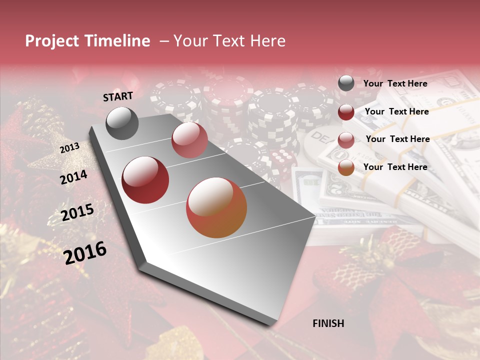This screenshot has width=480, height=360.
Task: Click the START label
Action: (x=118, y=96)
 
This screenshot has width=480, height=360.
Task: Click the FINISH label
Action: (x=328, y=323)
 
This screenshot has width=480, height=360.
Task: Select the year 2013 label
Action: (x=69, y=147)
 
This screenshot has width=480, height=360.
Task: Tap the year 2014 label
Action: (x=73, y=177)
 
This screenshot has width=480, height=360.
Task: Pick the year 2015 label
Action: (x=77, y=213)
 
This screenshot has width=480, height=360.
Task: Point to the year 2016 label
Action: (x=85, y=252)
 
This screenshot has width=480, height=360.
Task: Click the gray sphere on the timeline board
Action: (x=122, y=123)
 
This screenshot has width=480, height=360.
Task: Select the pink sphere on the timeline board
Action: (x=189, y=139)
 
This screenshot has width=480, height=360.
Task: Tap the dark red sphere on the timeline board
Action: (x=145, y=180)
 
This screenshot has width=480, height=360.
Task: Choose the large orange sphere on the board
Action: (x=216, y=208)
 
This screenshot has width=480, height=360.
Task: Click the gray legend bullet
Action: (x=346, y=83)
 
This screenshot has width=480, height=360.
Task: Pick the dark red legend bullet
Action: (x=346, y=112)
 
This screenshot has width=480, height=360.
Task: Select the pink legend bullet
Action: (x=346, y=140)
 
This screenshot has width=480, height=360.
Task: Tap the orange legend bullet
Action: (x=346, y=168)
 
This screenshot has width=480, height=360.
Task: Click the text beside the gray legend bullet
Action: (x=395, y=83)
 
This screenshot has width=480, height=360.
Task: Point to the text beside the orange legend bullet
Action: (x=395, y=167)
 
